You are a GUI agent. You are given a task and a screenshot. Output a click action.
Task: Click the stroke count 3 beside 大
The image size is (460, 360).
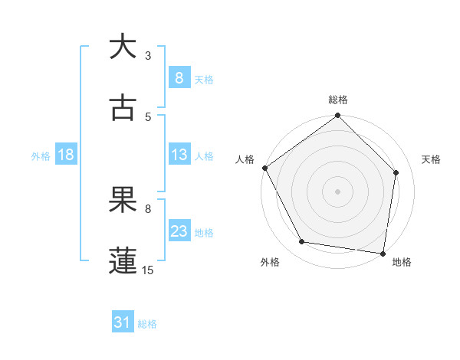[148, 55]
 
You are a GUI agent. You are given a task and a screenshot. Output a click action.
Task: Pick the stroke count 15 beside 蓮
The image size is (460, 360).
[148, 270]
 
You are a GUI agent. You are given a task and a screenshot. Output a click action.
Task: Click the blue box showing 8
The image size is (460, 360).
[179, 77]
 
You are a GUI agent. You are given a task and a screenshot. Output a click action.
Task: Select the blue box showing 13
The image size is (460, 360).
[179, 155]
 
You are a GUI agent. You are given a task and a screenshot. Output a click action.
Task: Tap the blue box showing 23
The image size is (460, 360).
[179, 231]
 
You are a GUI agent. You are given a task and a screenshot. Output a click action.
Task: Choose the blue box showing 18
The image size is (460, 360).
[65, 155]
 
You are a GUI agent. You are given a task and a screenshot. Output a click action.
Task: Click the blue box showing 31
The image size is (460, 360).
[122, 323]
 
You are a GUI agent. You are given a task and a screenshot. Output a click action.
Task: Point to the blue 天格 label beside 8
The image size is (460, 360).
[204, 79]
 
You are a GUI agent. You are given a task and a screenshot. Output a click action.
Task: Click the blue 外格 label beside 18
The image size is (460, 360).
[41, 155]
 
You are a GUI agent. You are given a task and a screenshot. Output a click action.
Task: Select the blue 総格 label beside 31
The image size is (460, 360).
[147, 324]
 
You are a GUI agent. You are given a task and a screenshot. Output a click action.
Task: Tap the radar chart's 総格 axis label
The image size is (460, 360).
[337, 100]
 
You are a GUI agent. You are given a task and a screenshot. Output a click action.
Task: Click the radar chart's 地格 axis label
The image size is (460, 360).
[402, 263]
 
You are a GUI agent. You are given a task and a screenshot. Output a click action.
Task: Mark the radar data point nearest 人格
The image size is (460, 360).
[264, 168]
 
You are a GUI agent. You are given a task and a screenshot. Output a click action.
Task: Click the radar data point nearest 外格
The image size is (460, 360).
[302, 242]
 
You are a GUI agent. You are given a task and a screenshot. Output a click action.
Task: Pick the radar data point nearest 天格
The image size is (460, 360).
[396, 172]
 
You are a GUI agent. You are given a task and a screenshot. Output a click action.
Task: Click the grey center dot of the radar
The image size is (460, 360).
[337, 191]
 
